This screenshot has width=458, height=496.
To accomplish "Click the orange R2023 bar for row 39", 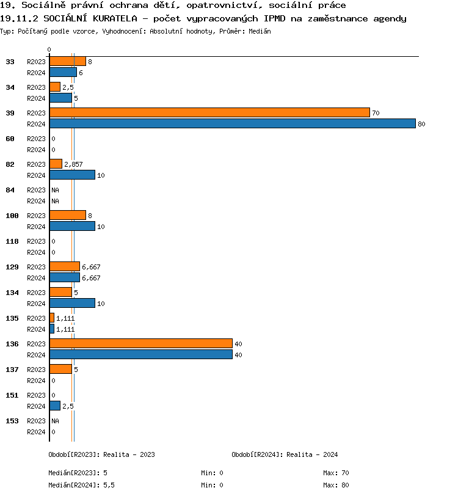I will pyautogui.click(x=209, y=112).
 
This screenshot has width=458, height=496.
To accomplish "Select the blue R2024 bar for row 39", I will pyautogui.click(x=232, y=123).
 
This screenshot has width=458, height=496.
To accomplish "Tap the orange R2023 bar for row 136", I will pyautogui.click(x=140, y=343).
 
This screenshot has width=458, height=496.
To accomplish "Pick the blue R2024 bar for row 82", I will pyautogui.click(x=72, y=175).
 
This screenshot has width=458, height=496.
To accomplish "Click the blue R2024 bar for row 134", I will pyautogui.click(x=72, y=303).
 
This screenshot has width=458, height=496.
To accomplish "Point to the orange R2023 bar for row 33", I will pyautogui.click(x=67, y=61).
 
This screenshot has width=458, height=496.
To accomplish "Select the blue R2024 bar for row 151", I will pyautogui.click(x=55, y=406).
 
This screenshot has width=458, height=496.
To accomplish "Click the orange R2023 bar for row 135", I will pyautogui.click(x=52, y=318).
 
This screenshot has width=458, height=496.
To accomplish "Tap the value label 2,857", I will pyautogui.click(x=73, y=164).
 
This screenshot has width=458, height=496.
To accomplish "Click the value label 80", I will pyautogui.click(x=421, y=124).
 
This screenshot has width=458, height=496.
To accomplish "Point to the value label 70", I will pyautogui.click(x=376, y=113).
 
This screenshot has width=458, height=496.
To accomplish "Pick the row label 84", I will pyautogui.click(x=10, y=190).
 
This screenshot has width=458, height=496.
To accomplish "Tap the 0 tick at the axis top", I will pyautogui.click(x=49, y=49).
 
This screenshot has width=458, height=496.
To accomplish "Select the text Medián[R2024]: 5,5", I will pyautogui.click(x=82, y=484).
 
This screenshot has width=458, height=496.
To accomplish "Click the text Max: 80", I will pyautogui.click(x=336, y=484).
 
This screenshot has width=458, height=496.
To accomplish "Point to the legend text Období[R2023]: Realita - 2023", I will pyautogui.click(x=101, y=454).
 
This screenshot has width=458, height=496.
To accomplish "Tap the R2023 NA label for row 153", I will pyautogui.click(x=55, y=421).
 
